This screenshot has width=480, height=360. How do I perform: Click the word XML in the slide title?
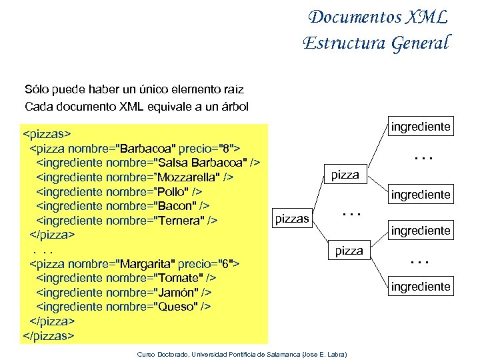point(423,17)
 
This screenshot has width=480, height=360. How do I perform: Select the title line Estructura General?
point(376,43)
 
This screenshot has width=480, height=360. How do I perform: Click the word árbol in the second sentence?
point(232,106)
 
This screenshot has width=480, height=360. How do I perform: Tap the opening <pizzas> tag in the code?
point(47,132)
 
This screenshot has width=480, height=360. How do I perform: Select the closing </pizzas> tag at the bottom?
point(49,335)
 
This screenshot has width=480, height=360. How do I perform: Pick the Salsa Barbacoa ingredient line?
point(147,162)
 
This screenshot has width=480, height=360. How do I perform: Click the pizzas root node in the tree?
point(292,218)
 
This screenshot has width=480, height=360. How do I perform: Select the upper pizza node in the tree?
point(345,175)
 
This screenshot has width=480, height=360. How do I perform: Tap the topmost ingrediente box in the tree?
point(421,126)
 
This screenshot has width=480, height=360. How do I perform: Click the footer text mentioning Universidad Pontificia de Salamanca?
point(246,353)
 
